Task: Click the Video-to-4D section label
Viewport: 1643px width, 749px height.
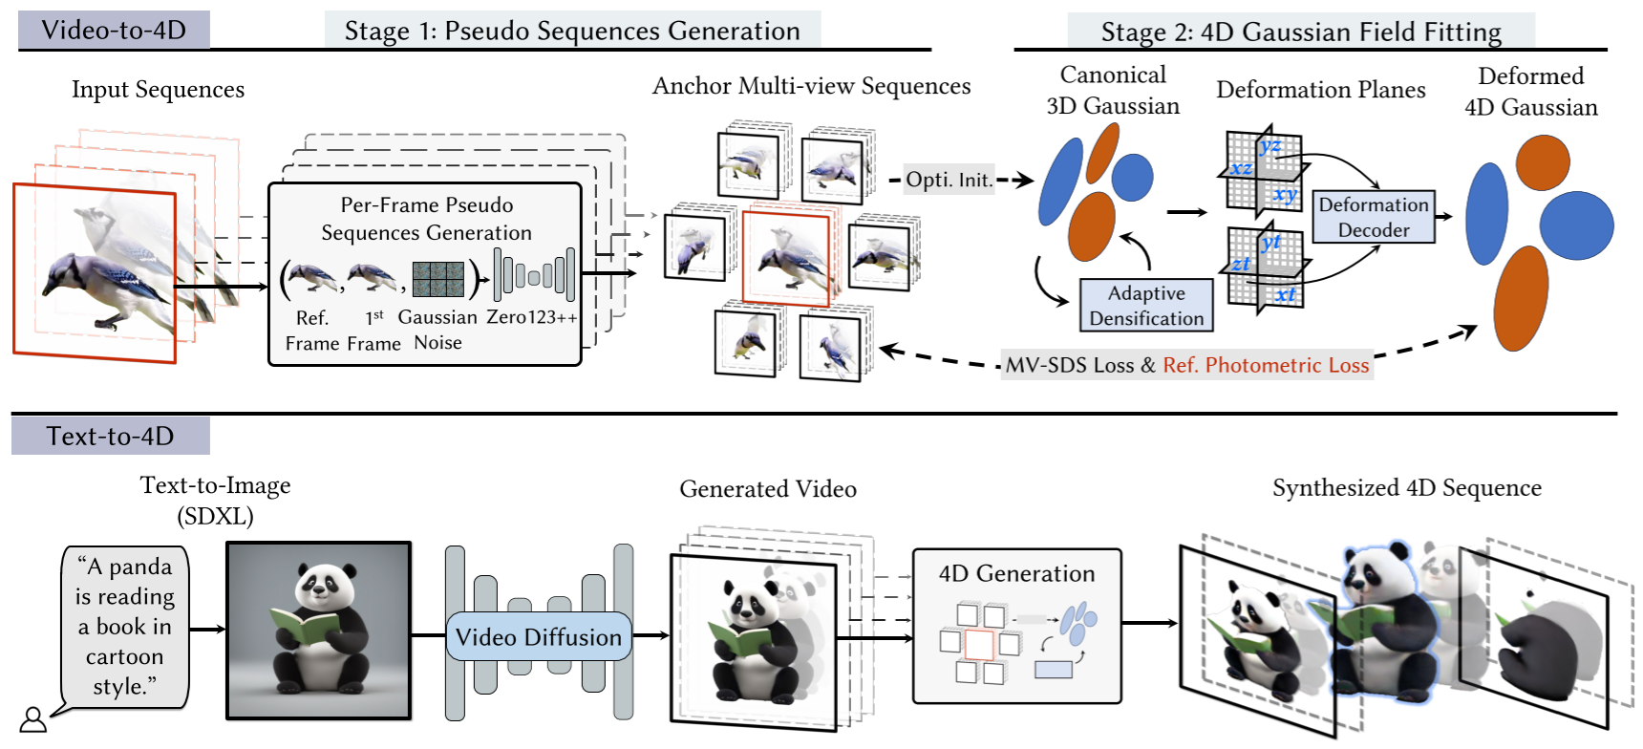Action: click(x=114, y=30)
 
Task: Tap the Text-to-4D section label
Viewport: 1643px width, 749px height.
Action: click(x=111, y=436)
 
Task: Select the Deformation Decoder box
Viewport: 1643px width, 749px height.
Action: click(x=1374, y=217)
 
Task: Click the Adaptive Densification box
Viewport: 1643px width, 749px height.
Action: click(x=1146, y=306)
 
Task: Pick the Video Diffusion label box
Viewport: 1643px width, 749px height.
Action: click(x=539, y=636)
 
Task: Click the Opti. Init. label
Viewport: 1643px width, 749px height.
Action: click(x=949, y=180)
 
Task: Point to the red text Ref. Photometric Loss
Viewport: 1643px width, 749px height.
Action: click(x=1266, y=365)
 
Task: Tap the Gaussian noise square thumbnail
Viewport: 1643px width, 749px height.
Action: click(x=438, y=279)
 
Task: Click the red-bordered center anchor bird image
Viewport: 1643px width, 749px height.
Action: click(x=785, y=258)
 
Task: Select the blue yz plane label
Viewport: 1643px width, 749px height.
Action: click(x=1270, y=146)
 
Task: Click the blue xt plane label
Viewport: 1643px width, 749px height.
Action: click(x=1285, y=294)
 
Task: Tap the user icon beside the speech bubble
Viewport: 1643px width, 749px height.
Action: click(x=33, y=719)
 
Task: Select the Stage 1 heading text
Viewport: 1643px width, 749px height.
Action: click(x=572, y=31)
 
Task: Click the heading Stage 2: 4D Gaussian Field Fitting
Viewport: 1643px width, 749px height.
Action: click(x=1301, y=32)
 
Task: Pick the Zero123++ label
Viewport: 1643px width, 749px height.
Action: click(x=532, y=317)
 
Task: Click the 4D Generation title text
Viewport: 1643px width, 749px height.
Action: click(x=1016, y=573)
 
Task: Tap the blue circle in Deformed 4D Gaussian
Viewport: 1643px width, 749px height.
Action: click(x=1576, y=225)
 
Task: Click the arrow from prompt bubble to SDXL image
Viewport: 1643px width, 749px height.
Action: click(x=207, y=629)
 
